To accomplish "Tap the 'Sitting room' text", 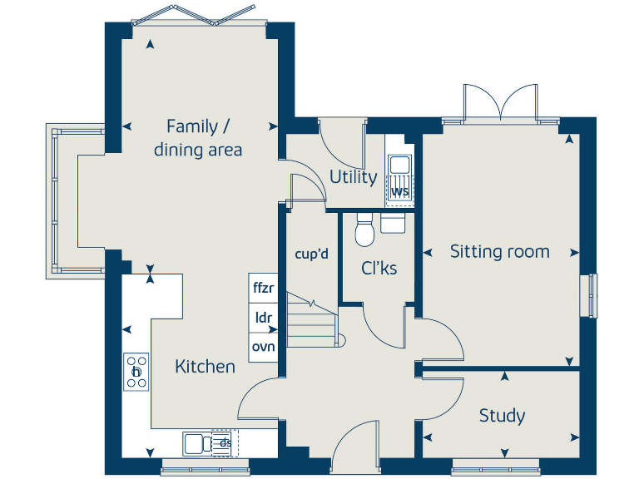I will point(499,251).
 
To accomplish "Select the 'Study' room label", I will point(502,415).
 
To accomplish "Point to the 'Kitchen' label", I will point(205,366).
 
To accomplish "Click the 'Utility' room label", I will point(353,177).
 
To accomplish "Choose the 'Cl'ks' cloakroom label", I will point(379,269).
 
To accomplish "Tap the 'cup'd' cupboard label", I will point(312,254).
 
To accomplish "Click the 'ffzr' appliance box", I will point(263,289).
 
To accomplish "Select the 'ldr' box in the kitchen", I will point(263,318).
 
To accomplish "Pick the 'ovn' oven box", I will point(263,346).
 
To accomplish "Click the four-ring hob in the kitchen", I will point(136,372).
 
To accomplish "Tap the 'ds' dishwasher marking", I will point(224,443).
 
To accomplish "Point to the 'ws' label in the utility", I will point(400,192).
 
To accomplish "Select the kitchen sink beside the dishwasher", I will point(197,443).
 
